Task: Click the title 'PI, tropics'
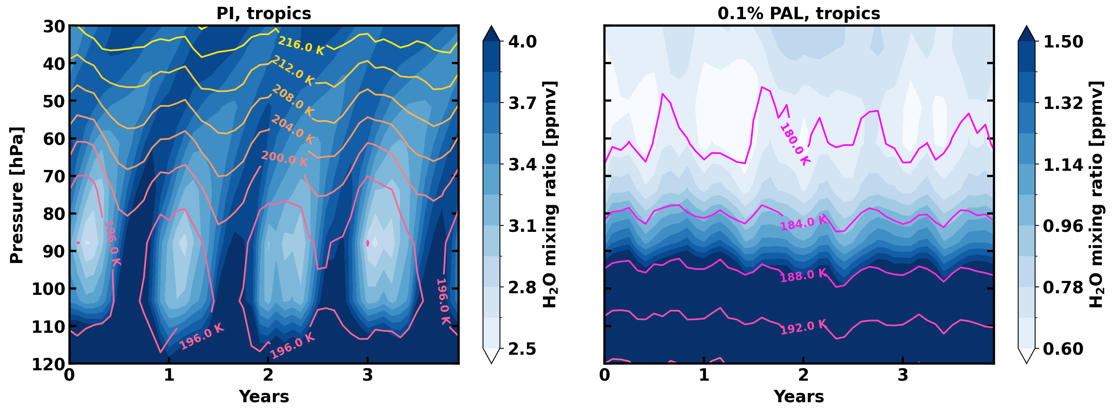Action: coord(264,14)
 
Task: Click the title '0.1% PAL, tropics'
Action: coord(799,14)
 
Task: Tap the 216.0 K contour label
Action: coord(301,46)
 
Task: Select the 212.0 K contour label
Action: coord(292,71)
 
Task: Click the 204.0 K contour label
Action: coord(292,130)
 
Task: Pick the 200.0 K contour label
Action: coord(284,159)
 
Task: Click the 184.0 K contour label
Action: coord(803,223)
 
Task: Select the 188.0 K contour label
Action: coord(803,275)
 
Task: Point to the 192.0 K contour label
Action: coord(803,327)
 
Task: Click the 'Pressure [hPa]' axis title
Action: coord(16,195)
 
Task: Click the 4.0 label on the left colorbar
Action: coord(522,42)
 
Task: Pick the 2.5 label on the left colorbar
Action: coord(522,349)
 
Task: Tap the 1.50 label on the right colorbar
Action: coord(1063,42)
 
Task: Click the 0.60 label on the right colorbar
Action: coord(1063,349)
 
